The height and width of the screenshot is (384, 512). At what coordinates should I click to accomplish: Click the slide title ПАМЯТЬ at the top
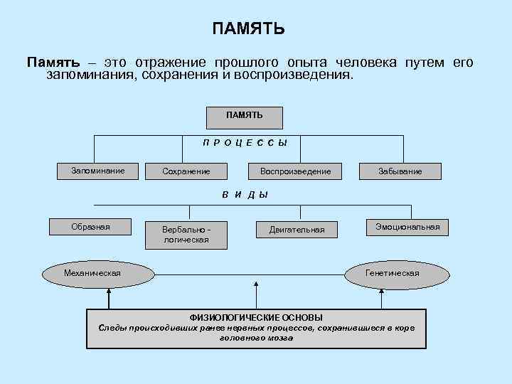[249, 29]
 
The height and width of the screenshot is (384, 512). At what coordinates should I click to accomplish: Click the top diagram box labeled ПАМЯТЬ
[245, 117]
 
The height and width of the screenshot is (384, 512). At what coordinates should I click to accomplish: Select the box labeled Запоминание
[98, 171]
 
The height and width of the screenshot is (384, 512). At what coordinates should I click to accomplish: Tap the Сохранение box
[186, 171]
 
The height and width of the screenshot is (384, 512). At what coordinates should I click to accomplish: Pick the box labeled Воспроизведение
[295, 171]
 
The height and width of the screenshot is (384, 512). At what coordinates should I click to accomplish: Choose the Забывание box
[400, 171]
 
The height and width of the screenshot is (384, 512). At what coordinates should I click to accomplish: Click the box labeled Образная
[90, 227]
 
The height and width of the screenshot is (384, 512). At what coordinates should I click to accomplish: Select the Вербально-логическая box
[186, 235]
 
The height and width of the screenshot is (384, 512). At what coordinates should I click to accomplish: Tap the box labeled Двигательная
[297, 229]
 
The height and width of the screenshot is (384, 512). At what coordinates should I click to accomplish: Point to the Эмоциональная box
[407, 228]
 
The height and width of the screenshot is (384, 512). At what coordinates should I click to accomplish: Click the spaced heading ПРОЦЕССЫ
[245, 142]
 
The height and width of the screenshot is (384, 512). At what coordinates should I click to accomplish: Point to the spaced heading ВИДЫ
[245, 195]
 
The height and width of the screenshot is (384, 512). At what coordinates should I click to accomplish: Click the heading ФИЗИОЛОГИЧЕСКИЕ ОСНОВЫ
[256, 317]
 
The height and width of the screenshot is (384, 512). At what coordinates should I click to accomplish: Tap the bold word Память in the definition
[53, 63]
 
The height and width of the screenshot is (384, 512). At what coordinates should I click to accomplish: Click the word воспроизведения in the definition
[292, 75]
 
